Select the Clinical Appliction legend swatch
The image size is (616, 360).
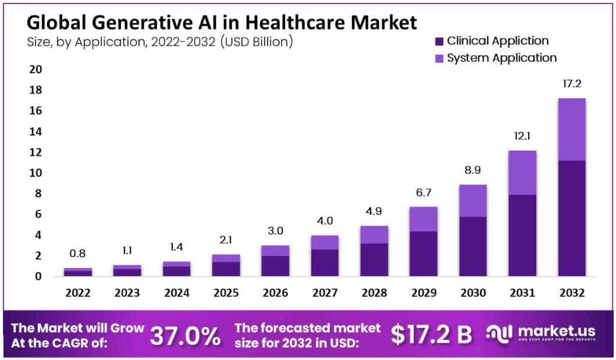[x=439, y=41]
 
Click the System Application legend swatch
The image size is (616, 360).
[x=439, y=58]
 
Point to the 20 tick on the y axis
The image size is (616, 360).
[x=35, y=70]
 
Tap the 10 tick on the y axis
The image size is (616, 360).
[x=35, y=173]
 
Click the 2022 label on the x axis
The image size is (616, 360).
[x=78, y=293]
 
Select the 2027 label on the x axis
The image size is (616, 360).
[x=325, y=293]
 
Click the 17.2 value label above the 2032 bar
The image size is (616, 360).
[x=571, y=84]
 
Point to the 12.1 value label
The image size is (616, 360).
[x=522, y=136]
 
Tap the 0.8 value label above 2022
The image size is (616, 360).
[x=78, y=254]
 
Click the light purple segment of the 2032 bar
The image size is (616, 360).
[x=571, y=129]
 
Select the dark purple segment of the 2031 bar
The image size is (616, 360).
[x=522, y=236]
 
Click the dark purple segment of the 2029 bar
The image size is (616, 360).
[x=423, y=254]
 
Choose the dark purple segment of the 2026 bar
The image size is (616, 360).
[x=275, y=266]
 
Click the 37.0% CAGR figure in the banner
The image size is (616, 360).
[x=186, y=336]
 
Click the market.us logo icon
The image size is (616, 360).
[x=499, y=334]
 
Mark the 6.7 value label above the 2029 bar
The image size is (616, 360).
[x=423, y=193]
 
